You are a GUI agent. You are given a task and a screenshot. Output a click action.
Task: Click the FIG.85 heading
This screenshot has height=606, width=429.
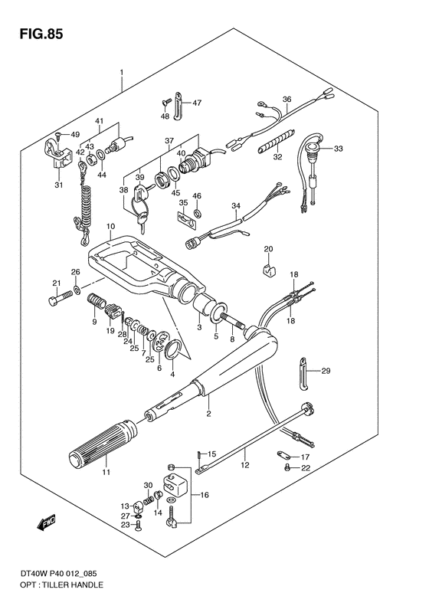41,34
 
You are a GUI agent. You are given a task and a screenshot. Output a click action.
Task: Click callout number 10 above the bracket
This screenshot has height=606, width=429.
111,226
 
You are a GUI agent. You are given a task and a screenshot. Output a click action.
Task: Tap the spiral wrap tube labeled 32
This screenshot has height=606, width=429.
277,142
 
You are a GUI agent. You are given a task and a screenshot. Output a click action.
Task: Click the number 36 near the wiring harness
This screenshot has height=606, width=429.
287,100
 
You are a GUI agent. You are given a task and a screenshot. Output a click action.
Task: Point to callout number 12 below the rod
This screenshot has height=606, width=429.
245,464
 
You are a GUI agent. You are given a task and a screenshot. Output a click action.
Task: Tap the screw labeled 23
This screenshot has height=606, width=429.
139,526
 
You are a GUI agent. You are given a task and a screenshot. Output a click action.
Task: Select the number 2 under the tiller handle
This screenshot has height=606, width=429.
208,414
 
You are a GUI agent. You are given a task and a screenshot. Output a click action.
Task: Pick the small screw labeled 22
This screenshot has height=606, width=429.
287,467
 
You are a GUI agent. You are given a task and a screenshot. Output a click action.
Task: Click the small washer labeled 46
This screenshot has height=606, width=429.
198,212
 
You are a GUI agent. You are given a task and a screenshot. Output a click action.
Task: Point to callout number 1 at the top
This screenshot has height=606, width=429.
122,72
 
